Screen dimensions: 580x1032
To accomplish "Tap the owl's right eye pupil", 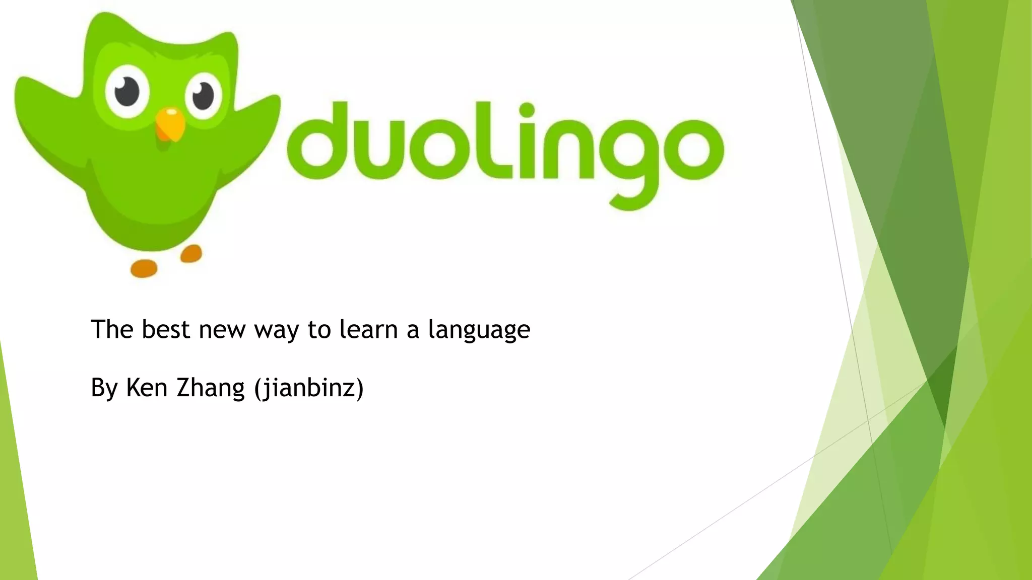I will coord(203,95).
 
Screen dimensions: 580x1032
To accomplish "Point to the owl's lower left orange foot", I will coord(144,268).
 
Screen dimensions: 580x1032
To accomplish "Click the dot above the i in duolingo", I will coord(527,110).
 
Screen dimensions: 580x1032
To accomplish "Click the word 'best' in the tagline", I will coord(166,330).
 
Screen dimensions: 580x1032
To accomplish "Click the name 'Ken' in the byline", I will coord(147,388).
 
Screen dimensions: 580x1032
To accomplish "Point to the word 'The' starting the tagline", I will coord(112,330).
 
